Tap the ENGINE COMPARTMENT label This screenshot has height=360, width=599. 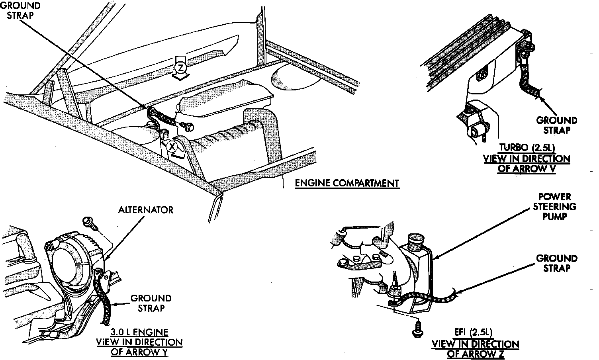[346, 183]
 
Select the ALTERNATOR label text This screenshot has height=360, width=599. [146, 210]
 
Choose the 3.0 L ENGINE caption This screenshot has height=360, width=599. [139, 332]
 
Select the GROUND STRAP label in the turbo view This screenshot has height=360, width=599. [556, 125]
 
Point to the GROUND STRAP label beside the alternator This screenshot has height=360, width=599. [151, 303]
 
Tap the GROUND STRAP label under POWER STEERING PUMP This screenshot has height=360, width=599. [556, 263]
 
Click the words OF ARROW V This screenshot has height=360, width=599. [527, 168]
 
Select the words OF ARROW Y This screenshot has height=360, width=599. [139, 352]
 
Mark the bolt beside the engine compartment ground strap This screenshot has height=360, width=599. [187, 126]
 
